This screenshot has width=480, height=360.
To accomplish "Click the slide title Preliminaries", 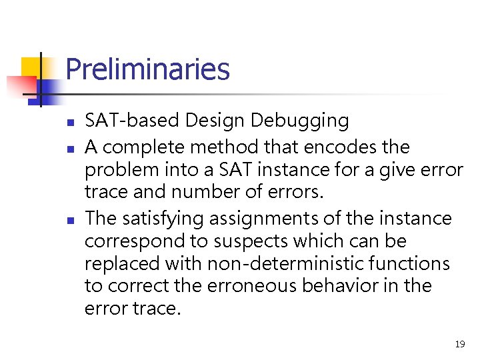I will click(x=147, y=69).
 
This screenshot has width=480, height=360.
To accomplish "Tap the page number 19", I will click(x=459, y=344).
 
